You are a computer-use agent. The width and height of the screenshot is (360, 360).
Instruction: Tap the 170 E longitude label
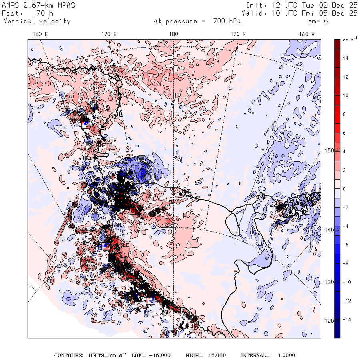pos(109,34)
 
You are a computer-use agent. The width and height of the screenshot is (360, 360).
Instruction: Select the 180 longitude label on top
pos(173,34)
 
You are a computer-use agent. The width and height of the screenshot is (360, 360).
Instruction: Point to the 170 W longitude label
pos(238,34)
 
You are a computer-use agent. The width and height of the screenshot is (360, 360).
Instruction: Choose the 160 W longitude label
pos(307,34)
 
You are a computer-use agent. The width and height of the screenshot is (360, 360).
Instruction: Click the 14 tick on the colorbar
pos(346,58)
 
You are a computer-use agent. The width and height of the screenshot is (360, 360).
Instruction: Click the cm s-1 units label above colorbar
pos(350,40)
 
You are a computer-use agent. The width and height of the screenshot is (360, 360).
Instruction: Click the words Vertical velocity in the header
pos(37,21)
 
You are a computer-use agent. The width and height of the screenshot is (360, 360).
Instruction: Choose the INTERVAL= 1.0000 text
pos(268,355)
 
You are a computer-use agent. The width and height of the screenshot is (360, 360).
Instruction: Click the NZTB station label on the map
pos(105,146)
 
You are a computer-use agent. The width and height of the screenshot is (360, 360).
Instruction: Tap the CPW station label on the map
pos(111,140)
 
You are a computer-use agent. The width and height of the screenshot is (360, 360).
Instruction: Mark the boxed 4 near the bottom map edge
pos(192,326)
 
